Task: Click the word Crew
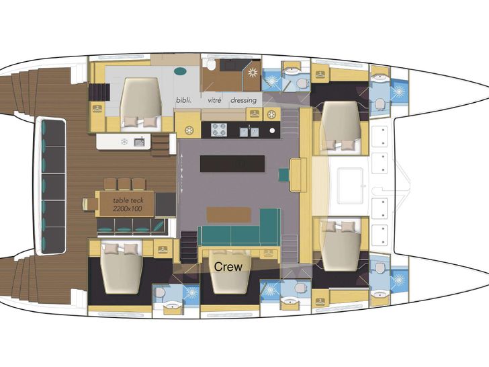click(228, 266)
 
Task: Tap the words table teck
click(128, 200)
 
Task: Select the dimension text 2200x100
click(127, 208)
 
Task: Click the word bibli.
click(183, 101)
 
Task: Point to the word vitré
click(214, 101)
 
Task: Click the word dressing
click(244, 101)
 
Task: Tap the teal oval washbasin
click(180, 71)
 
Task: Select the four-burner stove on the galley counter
click(218, 130)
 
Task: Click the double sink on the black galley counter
click(249, 132)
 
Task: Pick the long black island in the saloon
click(232, 163)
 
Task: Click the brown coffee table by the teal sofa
click(229, 214)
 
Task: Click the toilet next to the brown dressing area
click(211, 65)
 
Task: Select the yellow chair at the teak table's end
click(89, 204)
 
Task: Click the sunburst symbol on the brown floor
click(252, 73)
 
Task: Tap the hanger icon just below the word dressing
click(255, 114)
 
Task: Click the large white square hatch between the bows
click(351, 186)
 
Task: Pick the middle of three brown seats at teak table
click(124, 184)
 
